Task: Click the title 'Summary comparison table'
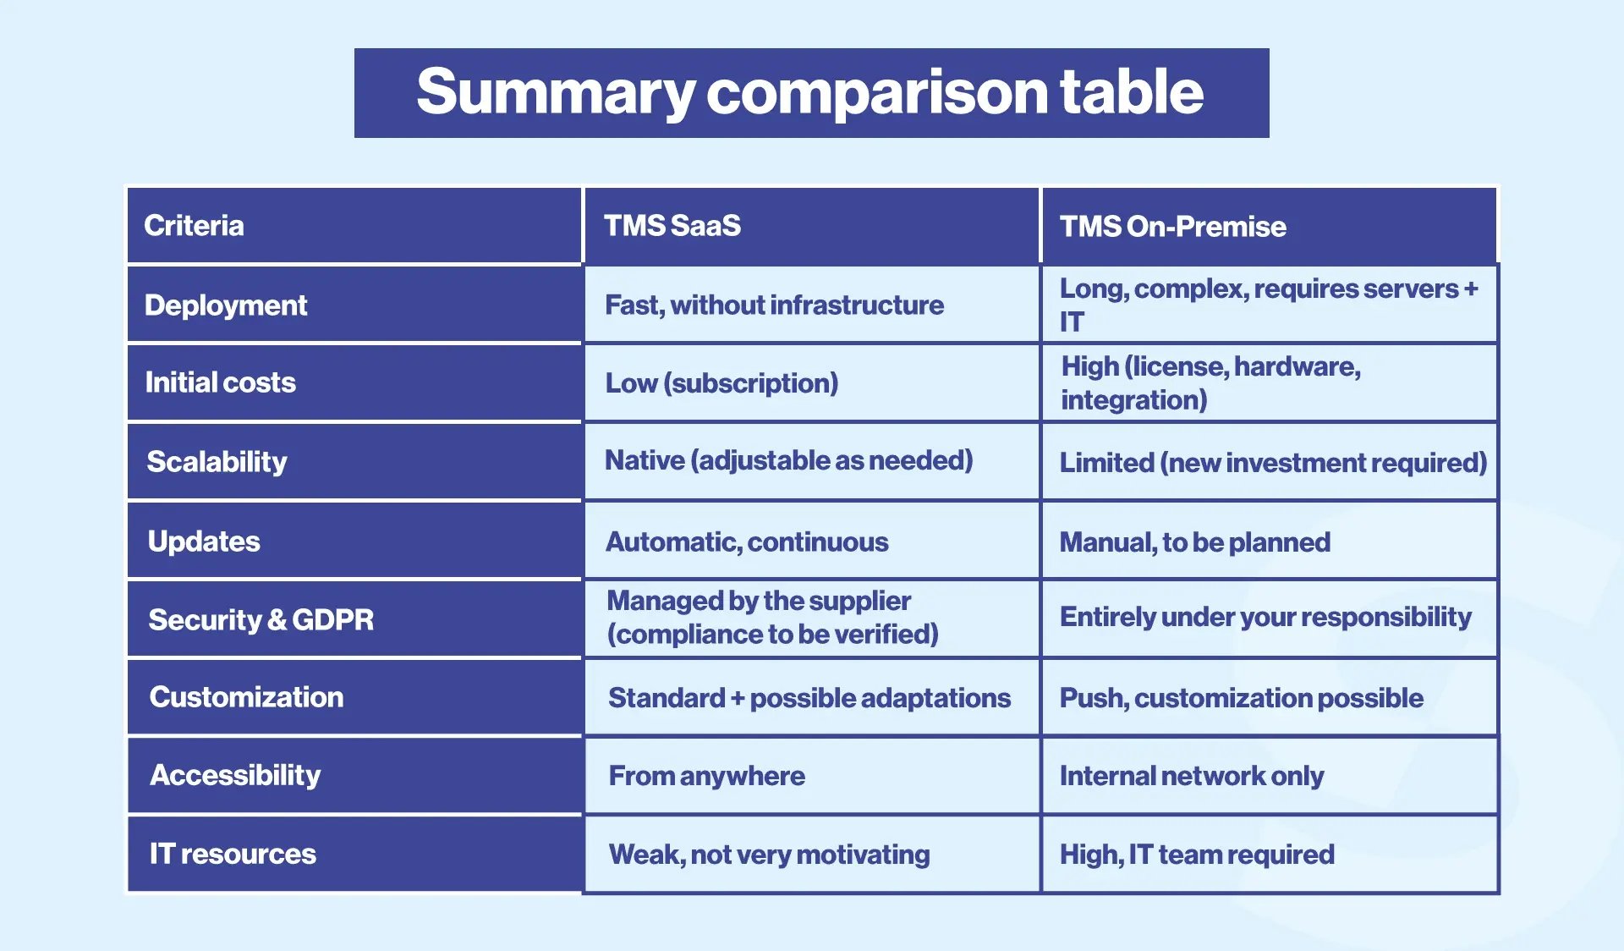(809, 92)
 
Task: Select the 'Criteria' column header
(194, 226)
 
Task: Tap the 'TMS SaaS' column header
(672, 226)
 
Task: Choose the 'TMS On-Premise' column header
(1172, 227)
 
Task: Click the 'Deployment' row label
(226, 305)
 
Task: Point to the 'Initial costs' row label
(221, 382)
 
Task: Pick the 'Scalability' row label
(217, 462)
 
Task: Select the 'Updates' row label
(204, 541)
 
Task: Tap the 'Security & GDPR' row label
(261, 620)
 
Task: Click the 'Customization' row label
(246, 697)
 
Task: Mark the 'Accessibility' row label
(235, 775)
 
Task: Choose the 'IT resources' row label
(233, 854)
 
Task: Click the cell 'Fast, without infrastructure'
(774, 305)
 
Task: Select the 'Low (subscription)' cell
(721, 383)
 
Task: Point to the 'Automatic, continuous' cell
(747, 542)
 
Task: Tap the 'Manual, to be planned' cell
(1194, 542)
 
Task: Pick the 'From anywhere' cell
(706, 776)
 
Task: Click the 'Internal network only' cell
(1191, 776)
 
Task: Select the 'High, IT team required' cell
(1197, 855)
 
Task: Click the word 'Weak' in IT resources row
(645, 855)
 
